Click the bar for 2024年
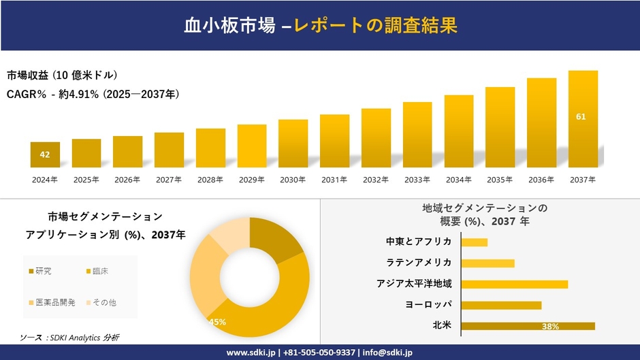click(x=45, y=155)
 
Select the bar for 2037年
click(x=583, y=119)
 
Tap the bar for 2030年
click(x=293, y=144)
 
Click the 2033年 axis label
click(x=417, y=180)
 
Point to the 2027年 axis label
click(x=169, y=180)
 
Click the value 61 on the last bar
click(x=581, y=117)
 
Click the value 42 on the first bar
click(x=45, y=154)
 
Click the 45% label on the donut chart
click(x=217, y=322)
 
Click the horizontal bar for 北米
click(x=528, y=326)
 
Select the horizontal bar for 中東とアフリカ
click(x=474, y=242)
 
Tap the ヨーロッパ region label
click(x=428, y=305)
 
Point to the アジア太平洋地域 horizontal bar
click(x=514, y=284)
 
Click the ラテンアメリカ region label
click(x=419, y=263)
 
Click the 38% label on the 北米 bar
click(x=550, y=327)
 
